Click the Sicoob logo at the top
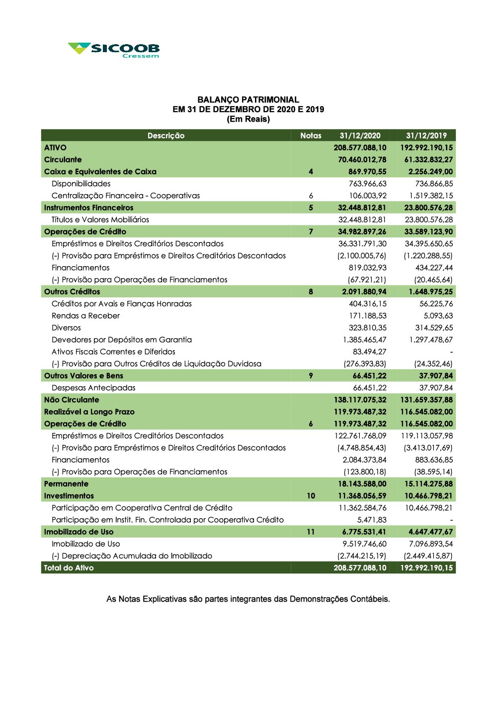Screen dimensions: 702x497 (x=114, y=50)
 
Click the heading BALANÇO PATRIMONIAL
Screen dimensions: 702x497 (x=248, y=100)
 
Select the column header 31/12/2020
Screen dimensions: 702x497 (x=360, y=136)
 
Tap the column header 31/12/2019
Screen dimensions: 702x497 (x=426, y=136)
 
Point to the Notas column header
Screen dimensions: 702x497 (x=311, y=136)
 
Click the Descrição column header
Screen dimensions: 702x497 (x=166, y=136)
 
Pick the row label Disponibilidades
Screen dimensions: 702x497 (x=81, y=184)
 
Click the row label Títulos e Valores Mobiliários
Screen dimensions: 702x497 (x=100, y=219)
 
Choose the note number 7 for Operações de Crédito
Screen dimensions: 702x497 (x=311, y=232)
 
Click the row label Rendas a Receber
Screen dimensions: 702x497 (x=85, y=316)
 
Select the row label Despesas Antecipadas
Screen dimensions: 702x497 (x=93, y=388)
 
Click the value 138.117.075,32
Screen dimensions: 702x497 (x=360, y=400)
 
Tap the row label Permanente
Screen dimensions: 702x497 (x=66, y=484)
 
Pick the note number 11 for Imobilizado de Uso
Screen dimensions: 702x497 (x=311, y=532)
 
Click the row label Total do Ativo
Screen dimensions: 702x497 (x=69, y=568)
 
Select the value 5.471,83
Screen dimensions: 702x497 (x=372, y=520)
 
